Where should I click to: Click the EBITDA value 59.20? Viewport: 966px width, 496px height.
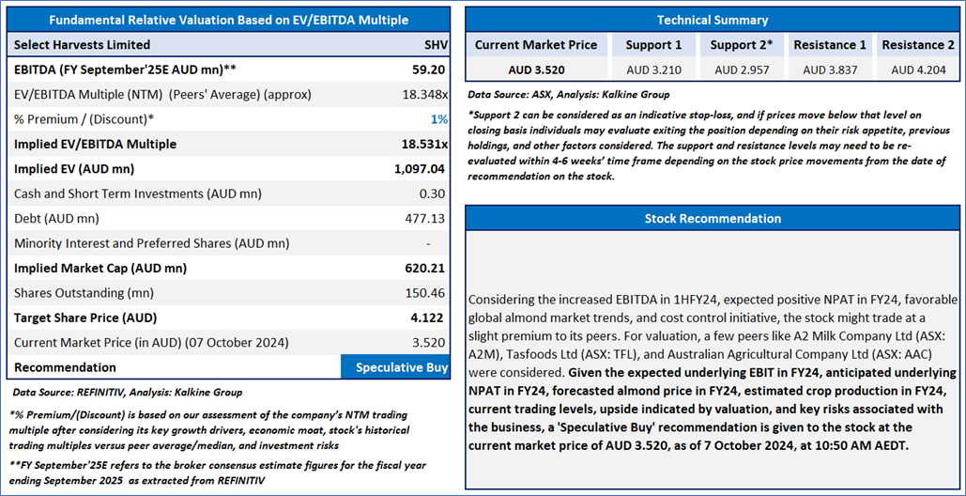click(x=428, y=70)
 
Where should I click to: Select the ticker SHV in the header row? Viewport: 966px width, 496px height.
click(x=436, y=44)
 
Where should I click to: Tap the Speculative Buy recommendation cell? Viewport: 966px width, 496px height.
click(x=401, y=367)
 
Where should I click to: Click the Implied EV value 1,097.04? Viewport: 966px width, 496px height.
click(x=420, y=169)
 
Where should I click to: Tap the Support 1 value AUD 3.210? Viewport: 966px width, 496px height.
click(x=653, y=70)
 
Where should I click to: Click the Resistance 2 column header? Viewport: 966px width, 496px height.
click(x=918, y=44)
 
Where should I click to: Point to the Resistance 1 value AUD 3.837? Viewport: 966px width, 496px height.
click(x=830, y=70)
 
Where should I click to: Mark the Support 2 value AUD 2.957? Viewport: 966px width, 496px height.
click(x=742, y=70)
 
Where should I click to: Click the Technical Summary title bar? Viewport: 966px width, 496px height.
click(x=712, y=20)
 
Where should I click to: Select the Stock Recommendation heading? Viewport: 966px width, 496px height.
click(x=712, y=218)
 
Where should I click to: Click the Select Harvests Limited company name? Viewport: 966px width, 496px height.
click(x=82, y=44)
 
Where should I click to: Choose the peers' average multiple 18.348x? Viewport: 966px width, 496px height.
click(x=420, y=94)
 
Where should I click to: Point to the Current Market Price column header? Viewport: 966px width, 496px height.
click(x=535, y=44)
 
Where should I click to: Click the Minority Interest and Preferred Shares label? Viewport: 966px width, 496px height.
click(x=151, y=243)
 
